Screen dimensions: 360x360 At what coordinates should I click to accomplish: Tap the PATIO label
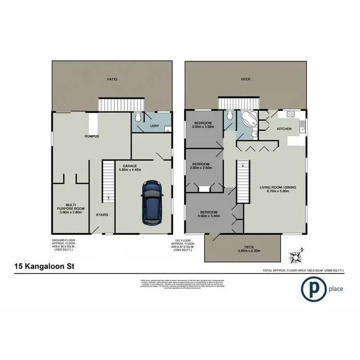click(x=112, y=79)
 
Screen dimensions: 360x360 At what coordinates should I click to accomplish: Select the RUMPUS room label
click(x=92, y=136)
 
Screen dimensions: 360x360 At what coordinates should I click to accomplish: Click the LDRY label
click(x=154, y=126)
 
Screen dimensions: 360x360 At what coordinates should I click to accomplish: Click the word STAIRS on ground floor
click(x=102, y=215)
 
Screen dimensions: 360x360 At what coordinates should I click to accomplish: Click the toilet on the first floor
click(x=229, y=116)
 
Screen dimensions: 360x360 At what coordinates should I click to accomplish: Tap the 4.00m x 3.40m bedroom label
click(x=209, y=215)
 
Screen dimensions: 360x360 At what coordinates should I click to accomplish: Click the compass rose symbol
click(x=294, y=255)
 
